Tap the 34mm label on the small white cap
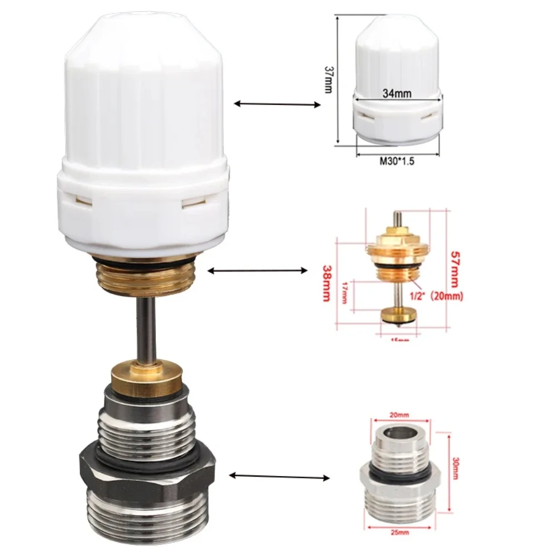tap(397, 94)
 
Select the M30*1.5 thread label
tap(398, 161)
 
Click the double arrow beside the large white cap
tap(278, 103)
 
